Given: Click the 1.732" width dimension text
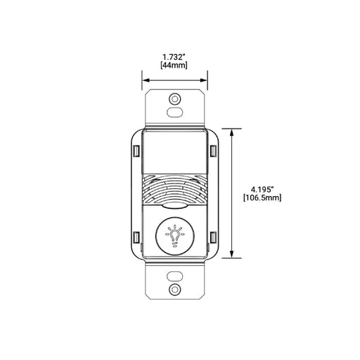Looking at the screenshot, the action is (174, 57).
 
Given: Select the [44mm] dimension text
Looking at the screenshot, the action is (174, 65).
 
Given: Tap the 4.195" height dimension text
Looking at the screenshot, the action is (262, 189).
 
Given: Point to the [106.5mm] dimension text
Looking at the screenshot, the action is (262, 198).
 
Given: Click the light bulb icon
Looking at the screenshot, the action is (174, 236).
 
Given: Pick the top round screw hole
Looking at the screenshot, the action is (174, 99).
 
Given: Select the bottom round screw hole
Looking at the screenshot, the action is (174, 289).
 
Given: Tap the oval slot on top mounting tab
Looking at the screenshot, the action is (174, 112).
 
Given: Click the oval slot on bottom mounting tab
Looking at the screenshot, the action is (174, 276).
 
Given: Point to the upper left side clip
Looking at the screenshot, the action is (136, 151).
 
